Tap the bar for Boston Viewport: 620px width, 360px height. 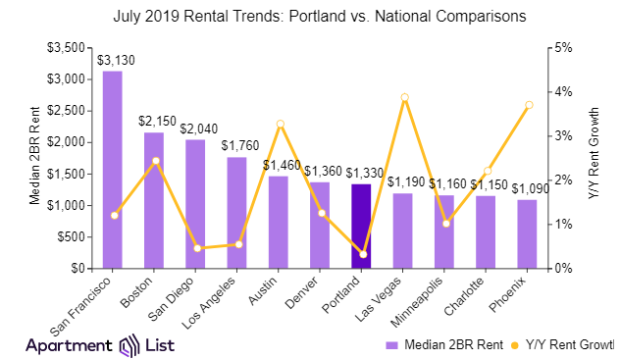(x=154, y=200)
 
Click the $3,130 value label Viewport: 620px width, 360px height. (x=113, y=59)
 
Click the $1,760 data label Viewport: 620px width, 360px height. (x=237, y=145)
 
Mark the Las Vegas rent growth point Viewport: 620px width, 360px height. (x=403, y=97)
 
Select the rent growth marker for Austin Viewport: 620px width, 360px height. (x=279, y=124)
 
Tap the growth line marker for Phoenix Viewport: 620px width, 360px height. (x=528, y=105)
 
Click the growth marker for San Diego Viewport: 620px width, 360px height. (x=196, y=248)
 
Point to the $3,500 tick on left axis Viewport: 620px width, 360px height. (x=67, y=47)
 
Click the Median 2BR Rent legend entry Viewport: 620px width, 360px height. (x=452, y=345)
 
